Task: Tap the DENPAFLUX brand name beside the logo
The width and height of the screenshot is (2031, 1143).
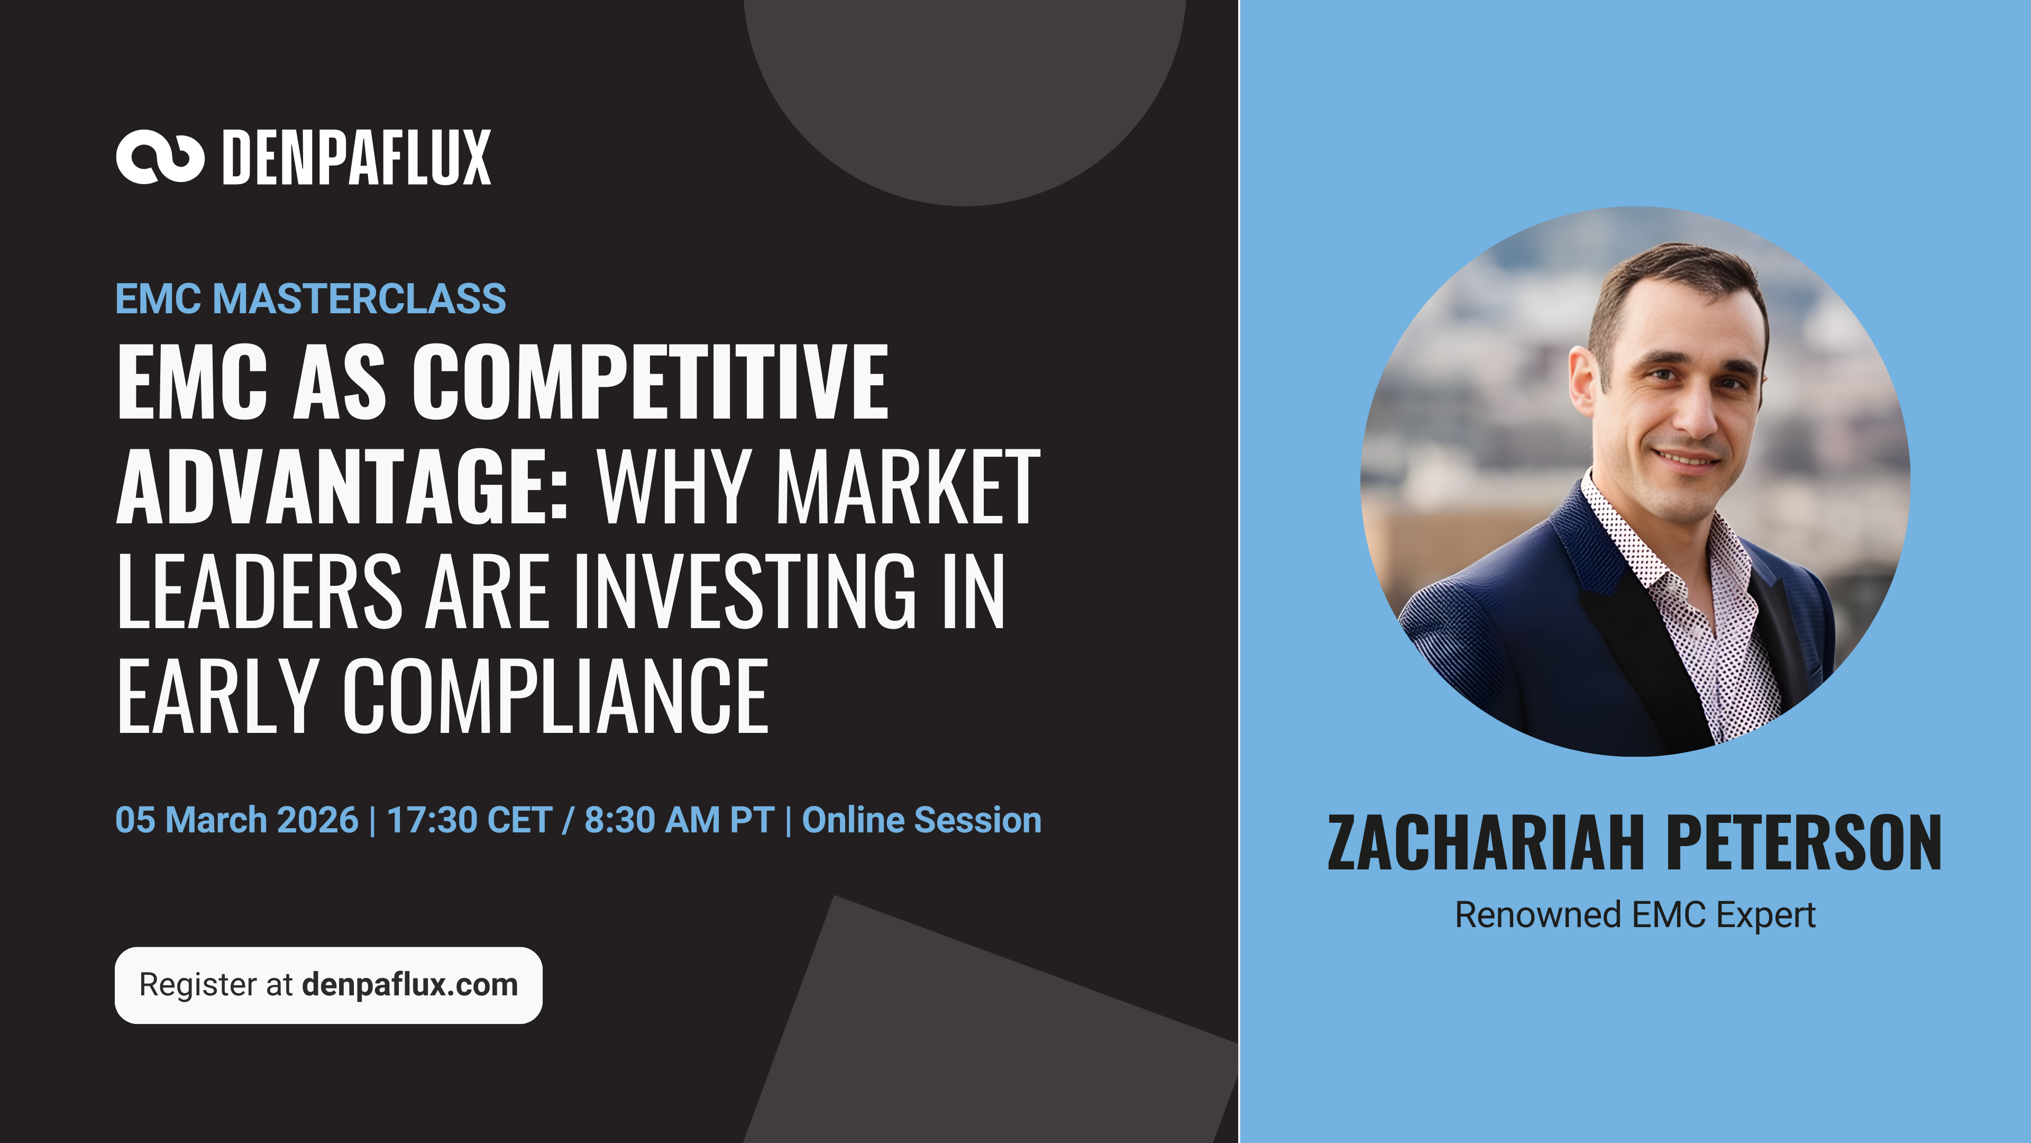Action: [356, 158]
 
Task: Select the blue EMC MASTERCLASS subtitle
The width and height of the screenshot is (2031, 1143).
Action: [310, 299]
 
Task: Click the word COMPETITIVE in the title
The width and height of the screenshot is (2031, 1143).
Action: [651, 382]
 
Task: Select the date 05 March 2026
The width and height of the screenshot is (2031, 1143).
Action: [236, 820]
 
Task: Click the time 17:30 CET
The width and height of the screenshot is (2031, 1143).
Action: [469, 820]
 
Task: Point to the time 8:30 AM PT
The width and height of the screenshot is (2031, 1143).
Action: [679, 820]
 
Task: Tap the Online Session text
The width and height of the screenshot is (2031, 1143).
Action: [922, 820]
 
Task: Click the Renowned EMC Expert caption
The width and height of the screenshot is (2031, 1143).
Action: [1635, 915]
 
